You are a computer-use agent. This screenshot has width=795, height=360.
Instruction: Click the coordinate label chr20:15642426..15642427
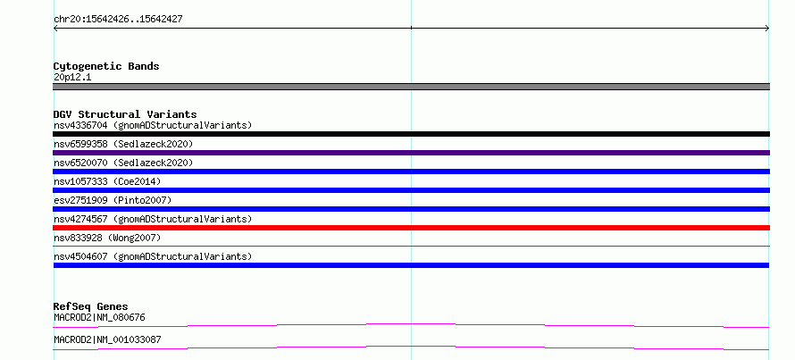(x=118, y=20)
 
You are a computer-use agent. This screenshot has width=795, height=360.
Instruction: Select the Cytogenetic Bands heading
(x=106, y=66)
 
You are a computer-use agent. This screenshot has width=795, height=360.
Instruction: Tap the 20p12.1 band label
(x=72, y=78)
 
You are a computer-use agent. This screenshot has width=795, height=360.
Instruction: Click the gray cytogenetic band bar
(x=411, y=87)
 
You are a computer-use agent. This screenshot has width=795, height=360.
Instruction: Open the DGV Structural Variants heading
(x=125, y=114)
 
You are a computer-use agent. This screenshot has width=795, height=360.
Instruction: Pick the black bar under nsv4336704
(x=411, y=134)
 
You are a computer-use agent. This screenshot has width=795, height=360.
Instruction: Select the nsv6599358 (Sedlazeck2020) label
(x=123, y=144)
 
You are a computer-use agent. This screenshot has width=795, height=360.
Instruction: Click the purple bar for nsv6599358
(x=411, y=153)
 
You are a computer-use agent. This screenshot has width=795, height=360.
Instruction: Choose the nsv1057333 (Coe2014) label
(x=107, y=181)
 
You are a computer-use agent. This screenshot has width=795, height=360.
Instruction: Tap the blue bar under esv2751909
(x=411, y=209)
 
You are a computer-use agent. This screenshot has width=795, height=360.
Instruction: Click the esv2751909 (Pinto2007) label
(x=113, y=200)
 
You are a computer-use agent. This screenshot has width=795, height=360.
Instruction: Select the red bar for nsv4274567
(x=411, y=228)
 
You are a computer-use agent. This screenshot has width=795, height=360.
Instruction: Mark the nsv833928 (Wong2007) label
(x=107, y=238)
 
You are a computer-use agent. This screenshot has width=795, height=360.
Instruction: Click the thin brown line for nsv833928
(x=411, y=246)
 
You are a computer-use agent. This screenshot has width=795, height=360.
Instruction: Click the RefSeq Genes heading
(x=90, y=306)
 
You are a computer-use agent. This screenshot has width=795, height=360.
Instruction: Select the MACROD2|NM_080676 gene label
(x=99, y=318)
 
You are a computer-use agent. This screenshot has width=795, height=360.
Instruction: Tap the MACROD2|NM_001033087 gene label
(x=107, y=339)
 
